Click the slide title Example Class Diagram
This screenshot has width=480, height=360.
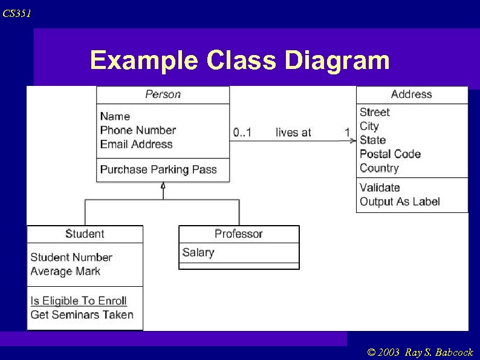(239, 61)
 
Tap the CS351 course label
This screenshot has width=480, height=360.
(16, 13)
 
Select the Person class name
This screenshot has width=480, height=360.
(163, 94)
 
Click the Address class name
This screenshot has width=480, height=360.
(411, 94)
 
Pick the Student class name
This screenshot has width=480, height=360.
(85, 234)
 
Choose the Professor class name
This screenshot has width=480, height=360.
(239, 234)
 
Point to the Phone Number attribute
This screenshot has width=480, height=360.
(138, 130)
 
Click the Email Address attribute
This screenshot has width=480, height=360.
(136, 144)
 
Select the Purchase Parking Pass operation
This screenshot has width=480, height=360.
(158, 169)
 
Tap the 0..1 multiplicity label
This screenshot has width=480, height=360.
(242, 133)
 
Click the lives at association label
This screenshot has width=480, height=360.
(293, 133)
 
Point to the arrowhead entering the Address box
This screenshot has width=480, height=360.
(352, 141)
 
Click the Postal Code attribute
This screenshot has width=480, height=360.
(390, 154)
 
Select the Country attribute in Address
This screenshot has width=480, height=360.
(379, 168)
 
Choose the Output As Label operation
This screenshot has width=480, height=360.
(400, 201)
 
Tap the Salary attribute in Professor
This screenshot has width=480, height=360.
(198, 252)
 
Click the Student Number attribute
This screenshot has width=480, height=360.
(71, 257)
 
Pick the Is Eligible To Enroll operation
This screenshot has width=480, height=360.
(79, 301)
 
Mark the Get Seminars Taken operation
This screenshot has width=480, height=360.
(82, 315)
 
